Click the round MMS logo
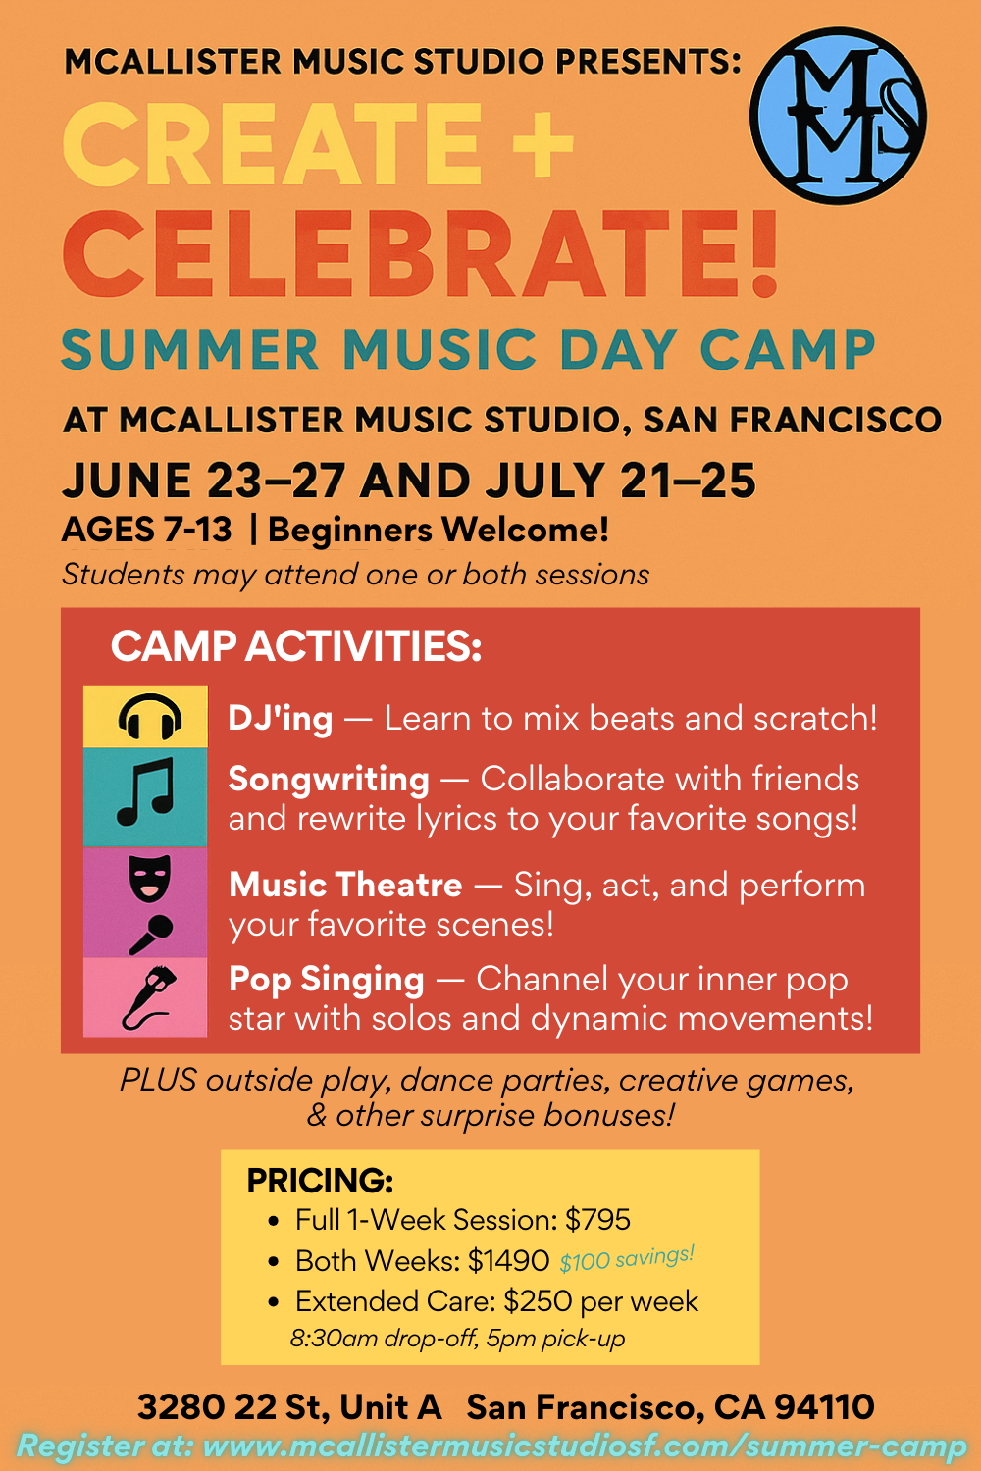click(x=838, y=116)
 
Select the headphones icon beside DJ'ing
click(x=149, y=717)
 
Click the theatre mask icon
click(x=150, y=875)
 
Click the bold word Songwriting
click(x=329, y=779)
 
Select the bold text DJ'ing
click(x=280, y=718)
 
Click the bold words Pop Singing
click(x=326, y=979)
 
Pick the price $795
click(x=597, y=1219)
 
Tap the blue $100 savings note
click(x=626, y=1258)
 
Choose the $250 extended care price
click(x=538, y=1301)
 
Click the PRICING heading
click(x=320, y=1180)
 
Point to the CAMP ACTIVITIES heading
click(x=296, y=646)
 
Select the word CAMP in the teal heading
click(x=787, y=349)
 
